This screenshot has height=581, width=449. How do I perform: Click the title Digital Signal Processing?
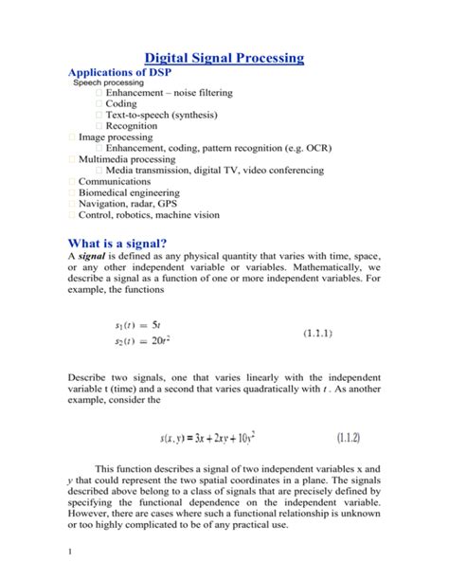pyautogui.click(x=224, y=59)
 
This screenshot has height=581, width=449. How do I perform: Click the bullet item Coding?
pyautogui.click(x=121, y=104)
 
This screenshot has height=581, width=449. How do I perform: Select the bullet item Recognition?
pyautogui.click(x=132, y=126)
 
